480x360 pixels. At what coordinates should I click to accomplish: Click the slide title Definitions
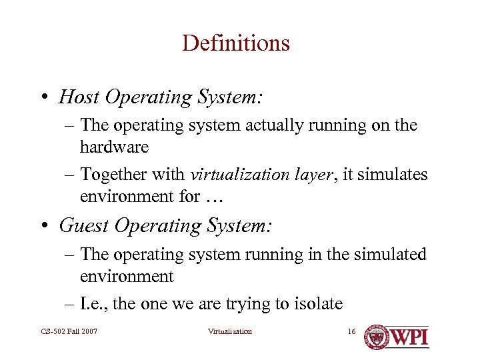235,43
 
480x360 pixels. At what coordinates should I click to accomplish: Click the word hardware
114,147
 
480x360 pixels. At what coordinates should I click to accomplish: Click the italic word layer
316,175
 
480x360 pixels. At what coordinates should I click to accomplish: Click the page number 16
352,331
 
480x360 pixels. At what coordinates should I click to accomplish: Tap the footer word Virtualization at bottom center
230,331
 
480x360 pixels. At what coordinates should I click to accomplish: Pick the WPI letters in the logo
409,337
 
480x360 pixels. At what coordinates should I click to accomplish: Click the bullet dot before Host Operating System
43,98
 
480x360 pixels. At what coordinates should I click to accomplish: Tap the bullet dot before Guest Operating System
43,227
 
